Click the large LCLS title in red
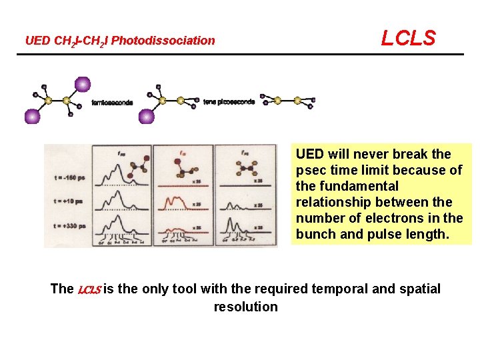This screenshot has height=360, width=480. (408, 38)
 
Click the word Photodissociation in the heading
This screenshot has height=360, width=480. (163, 41)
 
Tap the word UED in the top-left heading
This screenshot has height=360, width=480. (37, 41)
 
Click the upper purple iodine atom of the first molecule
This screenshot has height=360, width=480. (82, 84)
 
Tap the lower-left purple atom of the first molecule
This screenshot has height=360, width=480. (31, 117)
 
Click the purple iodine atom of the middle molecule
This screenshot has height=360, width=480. (147, 117)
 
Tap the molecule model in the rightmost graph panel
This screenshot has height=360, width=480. (245, 164)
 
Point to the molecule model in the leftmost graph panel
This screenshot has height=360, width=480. (129, 164)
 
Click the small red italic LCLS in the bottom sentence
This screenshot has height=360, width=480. (89, 290)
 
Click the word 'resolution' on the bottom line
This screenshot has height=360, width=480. (245, 307)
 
